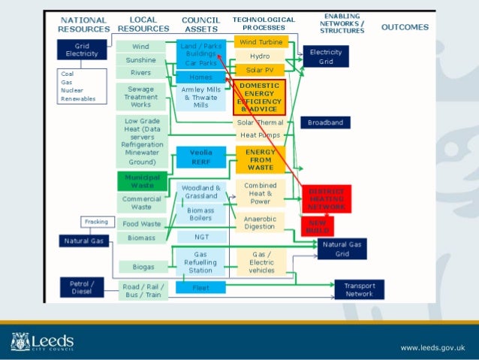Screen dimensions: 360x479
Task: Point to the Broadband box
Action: coord(325,122)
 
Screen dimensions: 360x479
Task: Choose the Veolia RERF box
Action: coord(201,156)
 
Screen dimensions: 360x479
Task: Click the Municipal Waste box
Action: coord(141,180)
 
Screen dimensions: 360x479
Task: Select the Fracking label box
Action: coord(96,222)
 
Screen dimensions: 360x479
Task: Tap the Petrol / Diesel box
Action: coord(81,287)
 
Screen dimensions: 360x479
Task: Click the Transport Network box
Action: coord(359,289)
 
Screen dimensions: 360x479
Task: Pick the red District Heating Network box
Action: coord(327,198)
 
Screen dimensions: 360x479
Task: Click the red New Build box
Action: coord(317,226)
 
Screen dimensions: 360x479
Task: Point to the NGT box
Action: coord(201,237)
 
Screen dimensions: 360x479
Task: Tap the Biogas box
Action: coord(141,267)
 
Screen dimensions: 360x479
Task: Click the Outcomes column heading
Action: coord(405,27)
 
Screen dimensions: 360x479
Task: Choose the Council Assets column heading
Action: coord(200,24)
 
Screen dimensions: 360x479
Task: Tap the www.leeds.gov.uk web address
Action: coord(433,347)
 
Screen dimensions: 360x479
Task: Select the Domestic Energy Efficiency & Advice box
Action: coord(259,98)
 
